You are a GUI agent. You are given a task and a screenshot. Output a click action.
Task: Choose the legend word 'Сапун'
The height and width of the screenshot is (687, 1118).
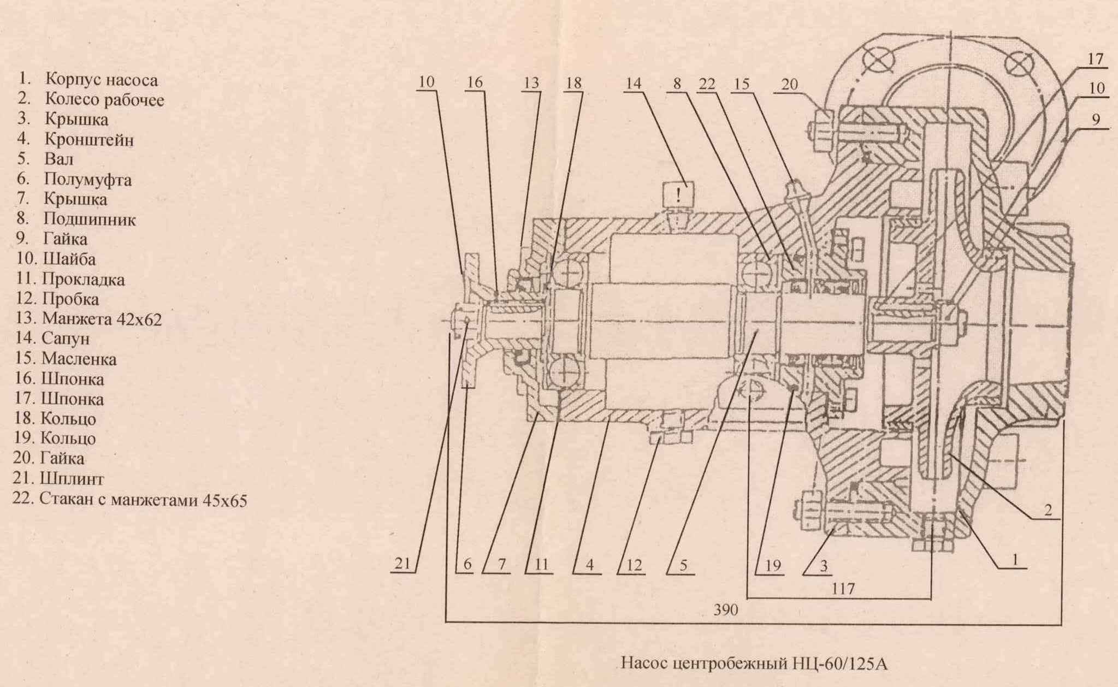(66, 339)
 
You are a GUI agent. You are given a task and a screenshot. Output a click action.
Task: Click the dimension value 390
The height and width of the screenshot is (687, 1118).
(725, 610)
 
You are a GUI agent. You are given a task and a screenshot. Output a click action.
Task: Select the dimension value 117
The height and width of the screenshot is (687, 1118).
(843, 589)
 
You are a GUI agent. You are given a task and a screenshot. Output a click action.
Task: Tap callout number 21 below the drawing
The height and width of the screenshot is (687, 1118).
(403, 564)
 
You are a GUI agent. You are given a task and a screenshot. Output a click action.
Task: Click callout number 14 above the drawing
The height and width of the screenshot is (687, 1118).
(634, 84)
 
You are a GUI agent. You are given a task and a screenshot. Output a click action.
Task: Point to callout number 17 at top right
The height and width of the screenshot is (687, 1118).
(1096, 58)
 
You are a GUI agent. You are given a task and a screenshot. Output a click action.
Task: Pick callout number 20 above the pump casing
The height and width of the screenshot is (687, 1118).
(790, 84)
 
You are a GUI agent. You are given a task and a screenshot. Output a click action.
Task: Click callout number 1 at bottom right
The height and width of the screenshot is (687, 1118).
(1015, 560)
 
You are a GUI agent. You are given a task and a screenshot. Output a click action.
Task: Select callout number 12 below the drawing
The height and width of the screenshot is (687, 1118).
(634, 565)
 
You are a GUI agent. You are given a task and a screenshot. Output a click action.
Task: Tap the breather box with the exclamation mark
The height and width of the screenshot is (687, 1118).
(678, 194)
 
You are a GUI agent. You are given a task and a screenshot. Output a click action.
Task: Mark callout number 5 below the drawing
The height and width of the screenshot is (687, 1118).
(683, 565)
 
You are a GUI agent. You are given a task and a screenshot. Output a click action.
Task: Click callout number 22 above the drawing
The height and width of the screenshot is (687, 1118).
(707, 84)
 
